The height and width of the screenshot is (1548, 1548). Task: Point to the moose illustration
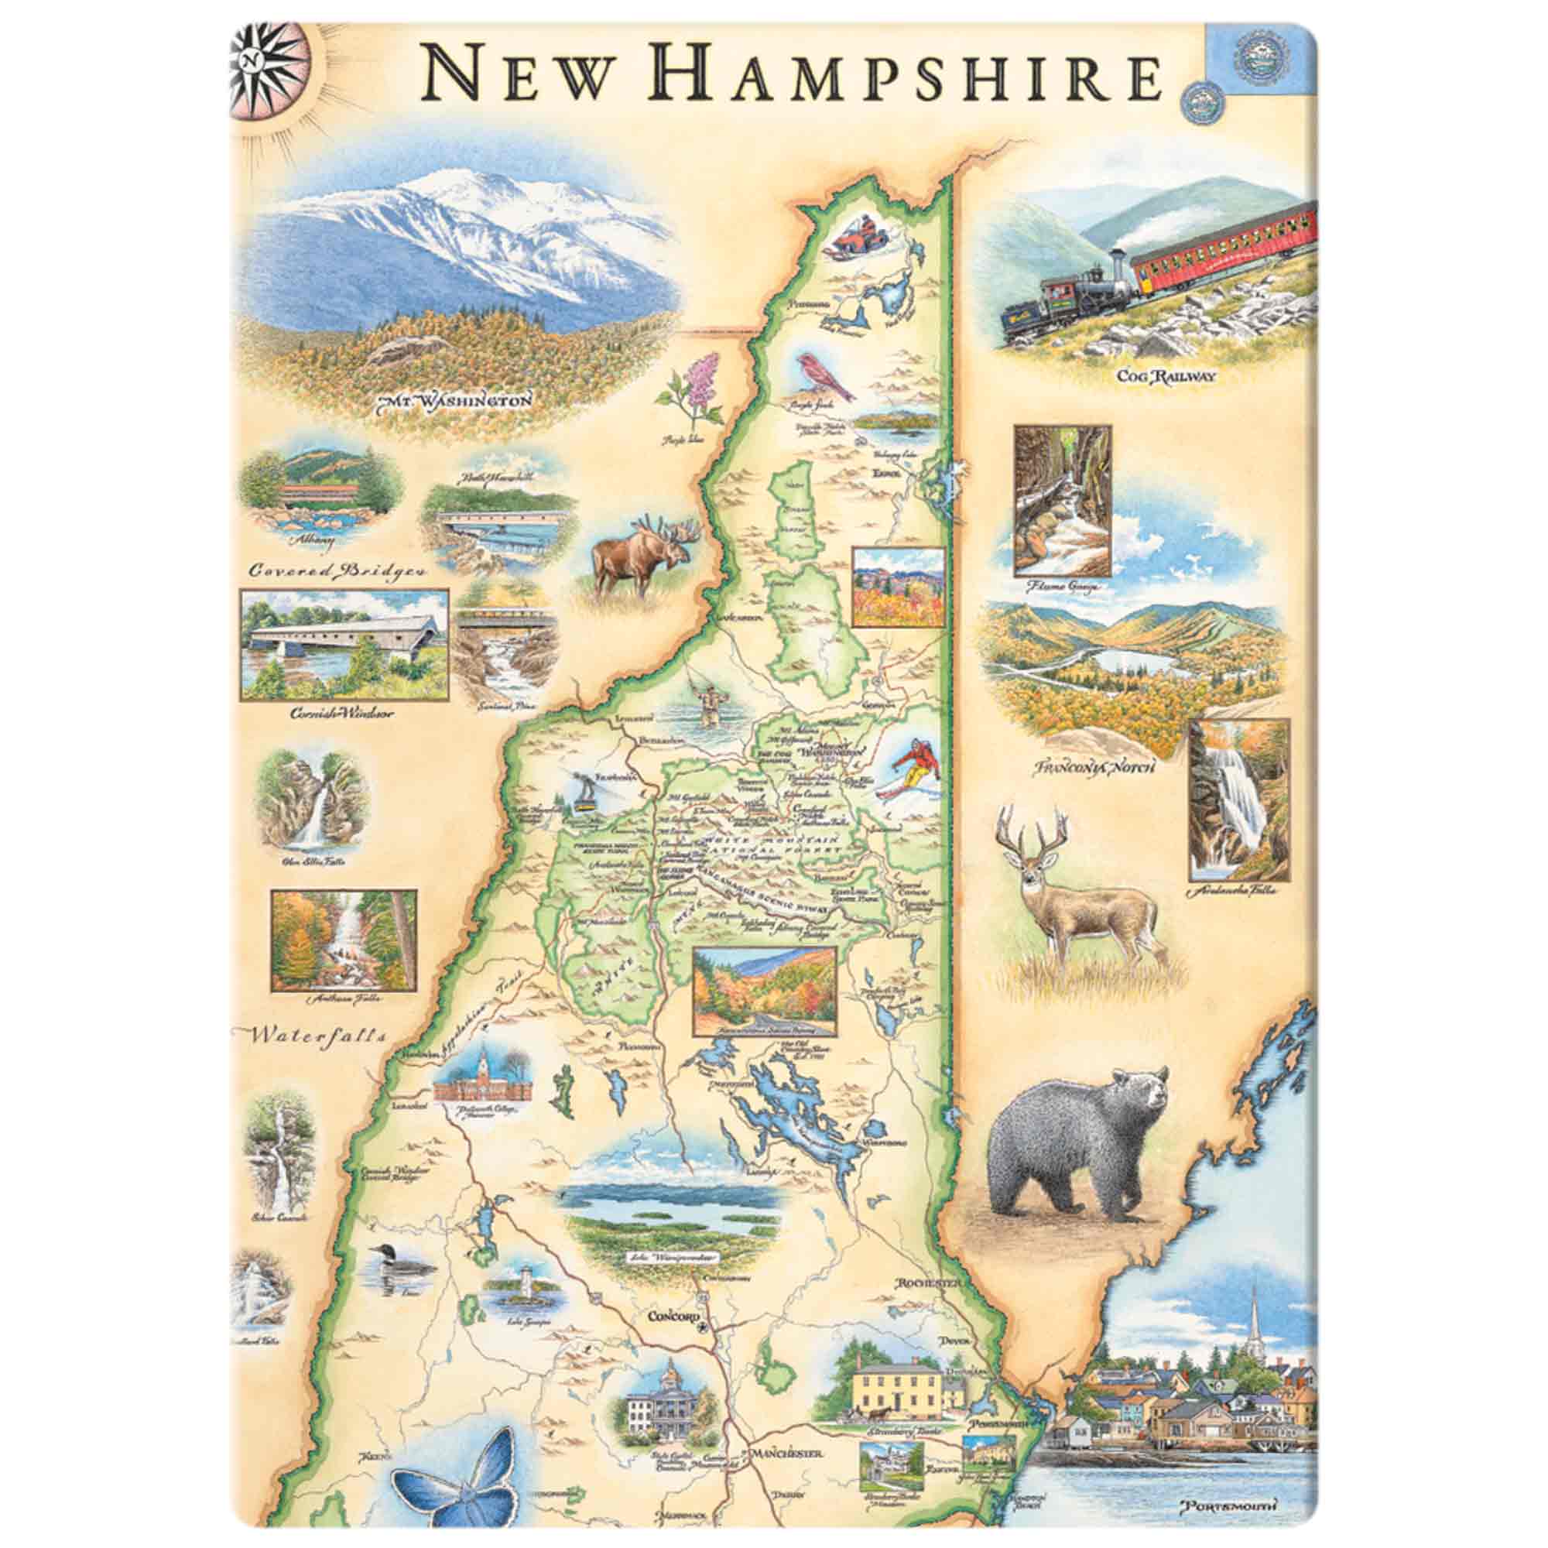641,557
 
